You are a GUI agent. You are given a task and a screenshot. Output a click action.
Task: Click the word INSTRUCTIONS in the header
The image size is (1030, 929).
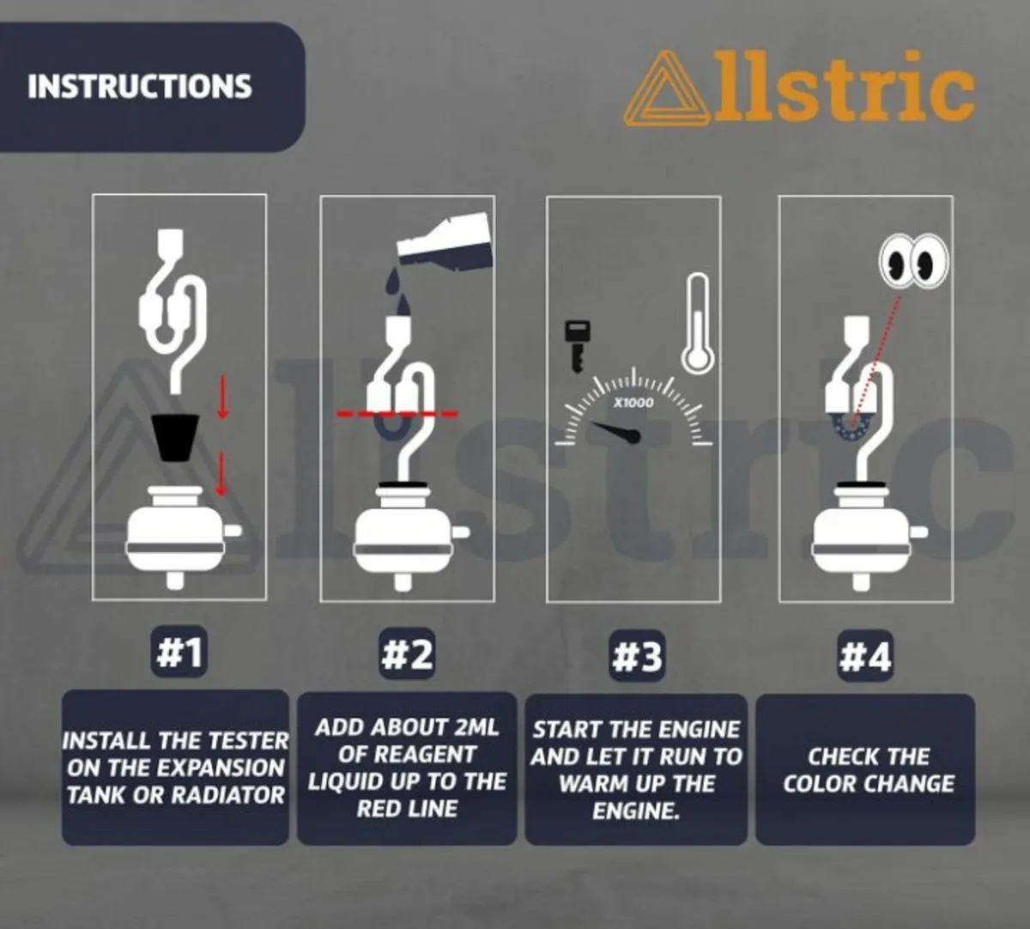coord(140,86)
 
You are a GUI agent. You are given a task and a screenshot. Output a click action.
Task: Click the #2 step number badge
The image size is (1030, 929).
coord(407,654)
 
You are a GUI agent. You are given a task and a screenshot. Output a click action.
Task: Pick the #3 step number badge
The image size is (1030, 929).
coord(637,657)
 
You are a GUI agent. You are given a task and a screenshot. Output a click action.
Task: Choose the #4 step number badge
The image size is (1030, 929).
coord(866,657)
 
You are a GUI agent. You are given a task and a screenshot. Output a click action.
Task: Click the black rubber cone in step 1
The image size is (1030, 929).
coord(175,437)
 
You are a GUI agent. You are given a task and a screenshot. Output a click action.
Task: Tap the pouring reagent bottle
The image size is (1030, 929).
coord(444,241)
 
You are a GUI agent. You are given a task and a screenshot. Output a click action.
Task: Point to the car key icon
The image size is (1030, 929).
coord(577,346)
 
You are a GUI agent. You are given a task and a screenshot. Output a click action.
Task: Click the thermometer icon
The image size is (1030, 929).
coord(697,324)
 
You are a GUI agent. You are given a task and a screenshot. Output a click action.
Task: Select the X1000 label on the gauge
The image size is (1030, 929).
coord(633,403)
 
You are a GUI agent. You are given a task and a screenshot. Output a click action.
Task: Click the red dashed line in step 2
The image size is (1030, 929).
coord(397,413)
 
